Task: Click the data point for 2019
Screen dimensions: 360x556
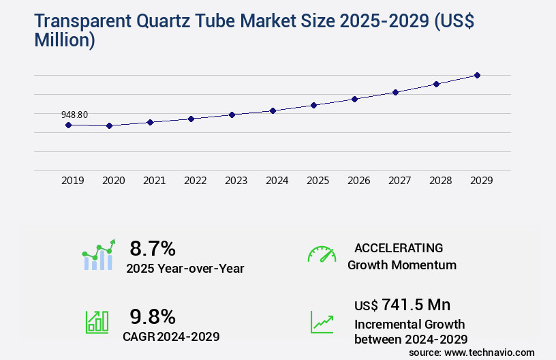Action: point(68,125)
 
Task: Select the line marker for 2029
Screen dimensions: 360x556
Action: point(477,75)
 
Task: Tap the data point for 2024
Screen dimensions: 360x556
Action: point(273,110)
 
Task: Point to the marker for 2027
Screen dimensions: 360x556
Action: point(395,92)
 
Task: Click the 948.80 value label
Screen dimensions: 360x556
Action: point(74,115)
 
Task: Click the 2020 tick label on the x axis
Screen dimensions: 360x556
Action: point(113,181)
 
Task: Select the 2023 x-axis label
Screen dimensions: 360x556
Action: point(236,181)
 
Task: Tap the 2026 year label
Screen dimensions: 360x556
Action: point(358,181)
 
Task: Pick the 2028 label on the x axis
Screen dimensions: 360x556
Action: point(440,181)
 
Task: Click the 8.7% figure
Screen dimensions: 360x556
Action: point(153,247)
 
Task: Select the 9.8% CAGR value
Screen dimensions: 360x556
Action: point(153,316)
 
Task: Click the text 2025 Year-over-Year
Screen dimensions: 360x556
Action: point(185,269)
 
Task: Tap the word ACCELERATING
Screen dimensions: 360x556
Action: point(399,247)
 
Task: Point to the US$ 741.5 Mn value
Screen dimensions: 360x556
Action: point(402,304)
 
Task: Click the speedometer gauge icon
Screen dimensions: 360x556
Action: point(322,254)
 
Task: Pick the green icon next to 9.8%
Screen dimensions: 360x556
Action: point(97,322)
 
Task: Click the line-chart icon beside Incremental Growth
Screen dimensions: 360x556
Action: point(322,322)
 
